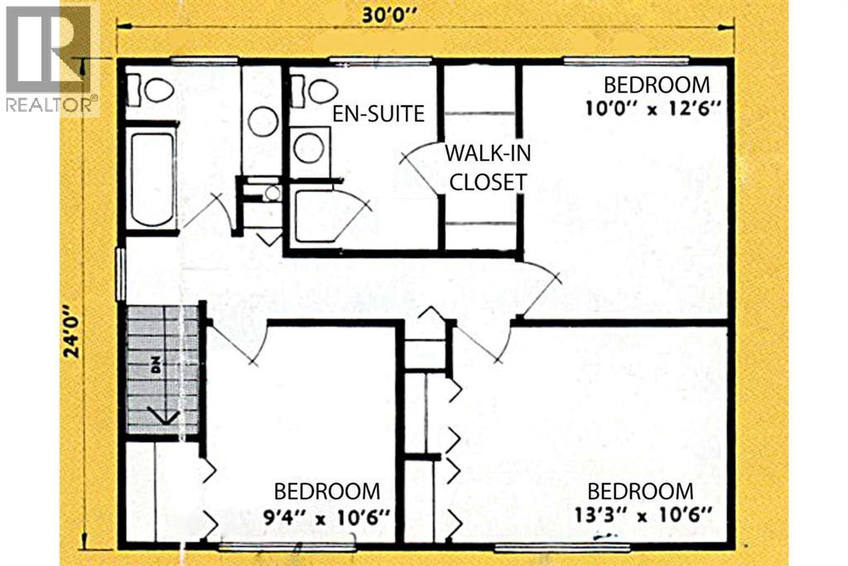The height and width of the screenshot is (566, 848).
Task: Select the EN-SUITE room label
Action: click(378, 114)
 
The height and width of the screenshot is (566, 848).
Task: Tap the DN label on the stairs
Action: click(155, 367)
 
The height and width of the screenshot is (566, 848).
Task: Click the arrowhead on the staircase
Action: click(160, 415)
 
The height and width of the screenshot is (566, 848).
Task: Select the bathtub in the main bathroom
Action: click(152, 179)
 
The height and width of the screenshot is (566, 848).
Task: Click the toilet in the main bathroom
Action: click(155, 89)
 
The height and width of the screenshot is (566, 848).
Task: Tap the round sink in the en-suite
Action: click(309, 148)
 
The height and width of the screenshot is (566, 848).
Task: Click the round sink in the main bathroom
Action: click(263, 121)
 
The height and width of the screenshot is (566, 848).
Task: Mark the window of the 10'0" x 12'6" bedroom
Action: click(626, 60)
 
